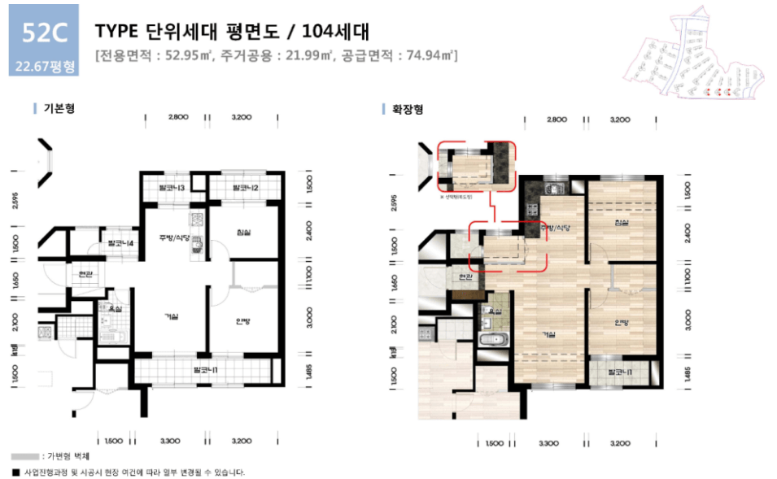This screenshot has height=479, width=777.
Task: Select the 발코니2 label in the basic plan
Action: [x=245, y=189]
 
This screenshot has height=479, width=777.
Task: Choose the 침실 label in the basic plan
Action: [x=243, y=233]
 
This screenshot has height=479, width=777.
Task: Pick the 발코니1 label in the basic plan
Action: [x=205, y=370]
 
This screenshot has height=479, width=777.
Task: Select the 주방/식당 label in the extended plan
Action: [x=556, y=228]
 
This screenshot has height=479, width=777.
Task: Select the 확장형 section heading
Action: [x=408, y=108]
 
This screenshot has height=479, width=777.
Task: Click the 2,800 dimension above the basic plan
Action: [x=178, y=118]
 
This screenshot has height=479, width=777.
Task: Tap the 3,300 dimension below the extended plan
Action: [x=548, y=443]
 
